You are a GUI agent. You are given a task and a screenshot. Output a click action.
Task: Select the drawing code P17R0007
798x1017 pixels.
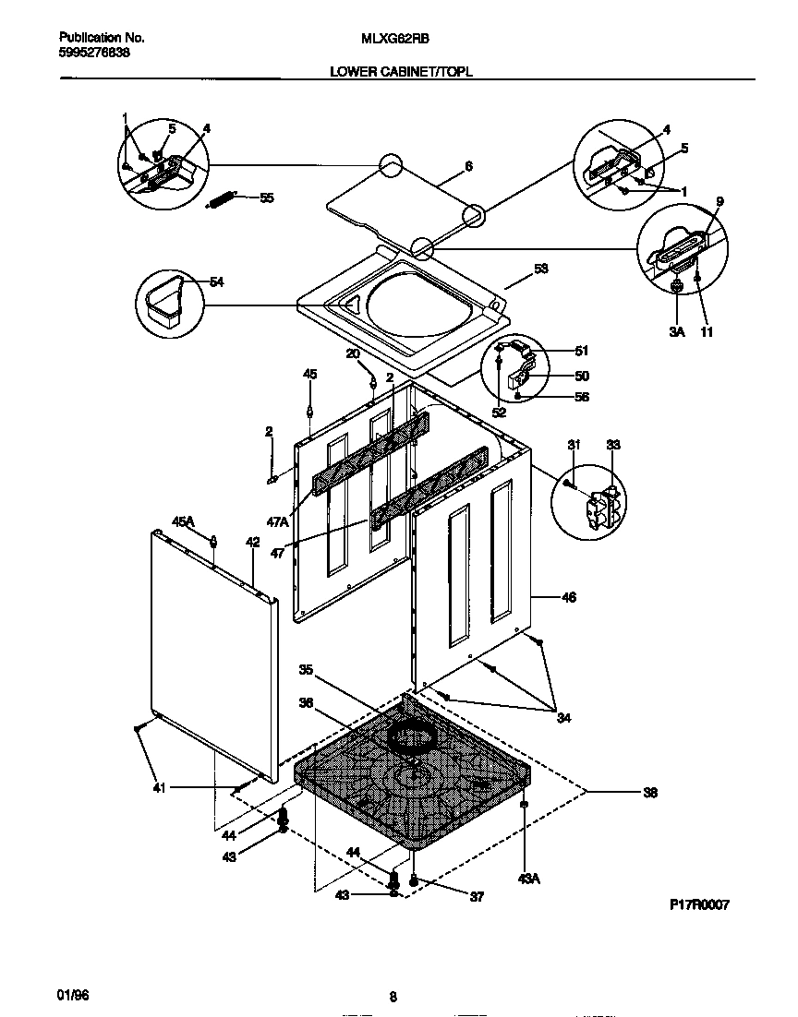click(699, 905)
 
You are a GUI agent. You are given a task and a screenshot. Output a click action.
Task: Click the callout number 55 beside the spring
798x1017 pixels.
click(267, 197)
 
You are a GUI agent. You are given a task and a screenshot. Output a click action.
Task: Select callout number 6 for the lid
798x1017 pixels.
click(468, 166)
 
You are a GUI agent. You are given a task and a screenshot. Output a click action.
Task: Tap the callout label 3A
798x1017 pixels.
click(676, 329)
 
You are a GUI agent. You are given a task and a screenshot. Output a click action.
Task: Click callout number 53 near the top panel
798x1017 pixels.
click(541, 269)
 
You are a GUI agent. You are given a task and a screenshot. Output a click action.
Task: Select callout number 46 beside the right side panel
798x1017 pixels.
click(569, 598)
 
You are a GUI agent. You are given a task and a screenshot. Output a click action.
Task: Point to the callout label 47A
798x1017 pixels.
click(277, 521)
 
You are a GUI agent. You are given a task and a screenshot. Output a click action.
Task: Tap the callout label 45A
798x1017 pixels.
click(183, 521)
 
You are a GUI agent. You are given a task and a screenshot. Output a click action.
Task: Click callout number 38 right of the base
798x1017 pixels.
click(650, 792)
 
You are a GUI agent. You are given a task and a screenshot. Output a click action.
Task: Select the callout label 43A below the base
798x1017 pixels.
click(527, 879)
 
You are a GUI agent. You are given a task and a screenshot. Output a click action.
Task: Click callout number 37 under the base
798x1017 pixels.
click(477, 896)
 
